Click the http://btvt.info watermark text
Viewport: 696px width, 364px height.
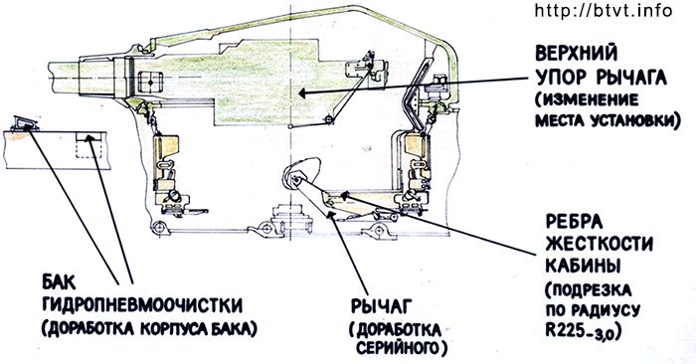(x=604, y=10)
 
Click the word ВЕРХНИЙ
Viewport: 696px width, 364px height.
(x=576, y=54)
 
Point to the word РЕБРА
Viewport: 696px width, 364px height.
(x=574, y=222)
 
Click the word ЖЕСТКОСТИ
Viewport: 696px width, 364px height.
(x=599, y=244)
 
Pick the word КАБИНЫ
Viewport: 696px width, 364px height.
(x=583, y=266)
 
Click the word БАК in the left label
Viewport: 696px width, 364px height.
(x=60, y=281)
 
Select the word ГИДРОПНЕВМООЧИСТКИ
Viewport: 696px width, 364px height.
(x=142, y=305)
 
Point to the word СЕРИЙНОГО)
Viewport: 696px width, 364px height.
(x=402, y=347)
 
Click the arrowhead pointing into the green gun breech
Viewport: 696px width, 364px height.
(x=302, y=93)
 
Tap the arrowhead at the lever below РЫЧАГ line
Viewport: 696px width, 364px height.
(x=330, y=214)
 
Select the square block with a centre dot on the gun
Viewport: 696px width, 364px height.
(x=150, y=83)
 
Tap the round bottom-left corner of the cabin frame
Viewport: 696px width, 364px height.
(x=157, y=228)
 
